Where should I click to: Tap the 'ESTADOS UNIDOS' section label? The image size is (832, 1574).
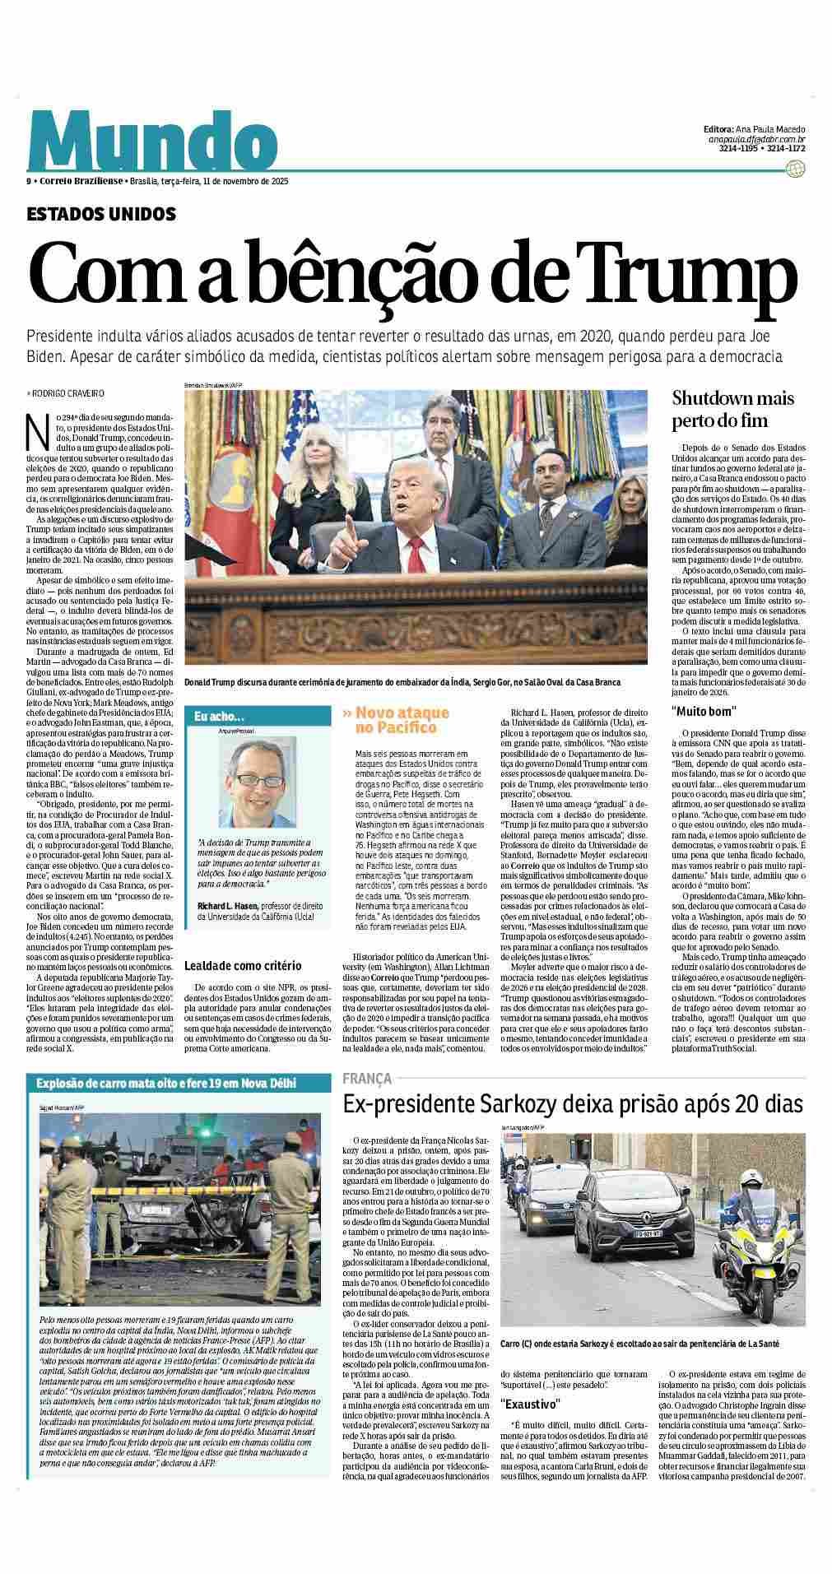tap(101, 214)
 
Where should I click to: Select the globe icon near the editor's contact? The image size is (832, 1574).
tap(795, 169)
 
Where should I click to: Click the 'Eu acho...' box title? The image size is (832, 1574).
tap(214, 717)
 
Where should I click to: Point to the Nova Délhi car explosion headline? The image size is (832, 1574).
tap(166, 1083)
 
